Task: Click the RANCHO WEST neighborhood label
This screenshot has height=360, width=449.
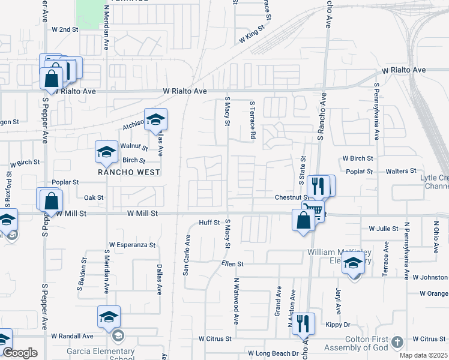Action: pos(130,172)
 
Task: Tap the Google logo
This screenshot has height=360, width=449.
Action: pos(20,353)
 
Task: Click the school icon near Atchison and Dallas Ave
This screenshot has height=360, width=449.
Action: pos(155,119)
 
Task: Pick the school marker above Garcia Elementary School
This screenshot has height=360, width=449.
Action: pos(109,317)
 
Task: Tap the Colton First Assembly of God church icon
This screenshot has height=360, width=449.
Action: pos(396,343)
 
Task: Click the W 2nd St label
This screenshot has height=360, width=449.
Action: pos(65,29)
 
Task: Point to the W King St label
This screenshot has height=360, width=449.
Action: pos(252,35)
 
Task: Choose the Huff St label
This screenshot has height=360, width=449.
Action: pos(210,222)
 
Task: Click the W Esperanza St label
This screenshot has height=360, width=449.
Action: pos(132,245)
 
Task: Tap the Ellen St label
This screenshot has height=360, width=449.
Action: pos(232,263)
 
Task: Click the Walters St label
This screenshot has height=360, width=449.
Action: pos(401,171)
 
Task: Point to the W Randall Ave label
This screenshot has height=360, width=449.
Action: pos(72,336)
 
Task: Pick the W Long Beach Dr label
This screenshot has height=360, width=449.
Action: pos(273,353)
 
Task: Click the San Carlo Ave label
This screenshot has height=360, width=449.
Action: pos(187,255)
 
